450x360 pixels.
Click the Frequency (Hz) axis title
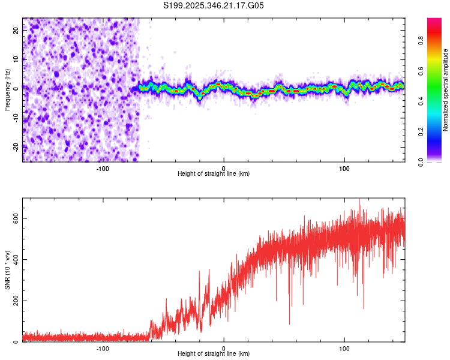7,90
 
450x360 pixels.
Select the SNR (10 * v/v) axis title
7,270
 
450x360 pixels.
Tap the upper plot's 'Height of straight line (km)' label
214,173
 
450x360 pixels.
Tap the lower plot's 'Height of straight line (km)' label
214,353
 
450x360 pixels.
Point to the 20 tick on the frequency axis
16,31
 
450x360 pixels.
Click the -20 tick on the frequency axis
15,146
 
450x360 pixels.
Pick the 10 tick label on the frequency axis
16,60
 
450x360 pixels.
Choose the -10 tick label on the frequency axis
15,118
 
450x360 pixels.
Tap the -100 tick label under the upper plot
103,168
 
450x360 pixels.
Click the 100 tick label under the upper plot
344,168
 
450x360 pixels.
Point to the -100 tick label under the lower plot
103,348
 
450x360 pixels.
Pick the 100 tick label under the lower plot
344,348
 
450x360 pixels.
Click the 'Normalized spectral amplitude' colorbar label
446,90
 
